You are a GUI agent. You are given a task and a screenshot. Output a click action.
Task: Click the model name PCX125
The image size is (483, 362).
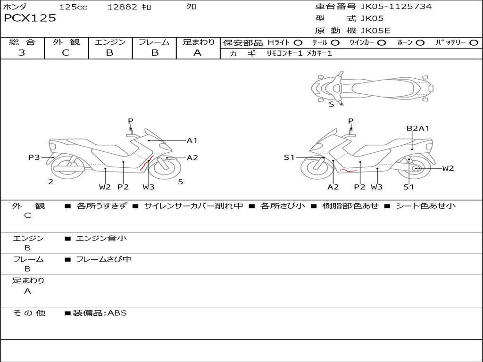(x=30, y=18)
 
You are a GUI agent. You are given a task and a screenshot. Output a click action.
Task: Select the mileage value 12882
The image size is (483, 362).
(x=122, y=7)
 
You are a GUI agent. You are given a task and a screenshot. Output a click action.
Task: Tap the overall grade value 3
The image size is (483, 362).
(x=22, y=53)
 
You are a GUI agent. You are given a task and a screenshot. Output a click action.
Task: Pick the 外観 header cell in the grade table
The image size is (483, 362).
(x=66, y=42)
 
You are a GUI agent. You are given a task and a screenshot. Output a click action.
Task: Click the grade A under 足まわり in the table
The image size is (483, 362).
(x=198, y=53)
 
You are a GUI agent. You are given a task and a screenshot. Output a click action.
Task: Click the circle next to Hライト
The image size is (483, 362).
(x=298, y=43)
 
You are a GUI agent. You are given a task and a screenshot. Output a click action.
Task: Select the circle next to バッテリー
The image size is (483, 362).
(x=474, y=43)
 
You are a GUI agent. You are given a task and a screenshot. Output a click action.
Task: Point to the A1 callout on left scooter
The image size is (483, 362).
(x=192, y=140)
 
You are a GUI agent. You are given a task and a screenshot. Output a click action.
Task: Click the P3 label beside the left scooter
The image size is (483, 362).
(x=34, y=157)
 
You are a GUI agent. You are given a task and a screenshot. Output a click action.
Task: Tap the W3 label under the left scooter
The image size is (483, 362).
(x=149, y=187)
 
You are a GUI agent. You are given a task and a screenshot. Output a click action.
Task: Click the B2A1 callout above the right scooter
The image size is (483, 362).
(x=418, y=128)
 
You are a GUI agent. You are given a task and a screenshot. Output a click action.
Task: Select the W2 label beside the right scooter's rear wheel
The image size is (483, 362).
(x=448, y=168)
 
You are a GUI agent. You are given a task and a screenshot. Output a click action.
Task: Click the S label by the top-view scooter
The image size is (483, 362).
(x=331, y=104)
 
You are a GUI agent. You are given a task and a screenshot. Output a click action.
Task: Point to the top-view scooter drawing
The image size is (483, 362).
(x=372, y=87)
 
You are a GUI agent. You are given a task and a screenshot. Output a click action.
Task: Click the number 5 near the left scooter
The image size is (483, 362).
(x=181, y=181)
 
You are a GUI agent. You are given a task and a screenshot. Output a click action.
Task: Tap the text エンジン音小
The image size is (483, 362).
(x=101, y=239)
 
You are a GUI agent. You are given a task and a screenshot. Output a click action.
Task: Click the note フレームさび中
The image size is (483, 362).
(x=104, y=259)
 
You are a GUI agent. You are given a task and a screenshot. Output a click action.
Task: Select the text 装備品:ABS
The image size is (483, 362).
(x=100, y=313)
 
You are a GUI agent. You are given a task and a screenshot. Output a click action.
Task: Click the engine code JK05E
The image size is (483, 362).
(x=375, y=31)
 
